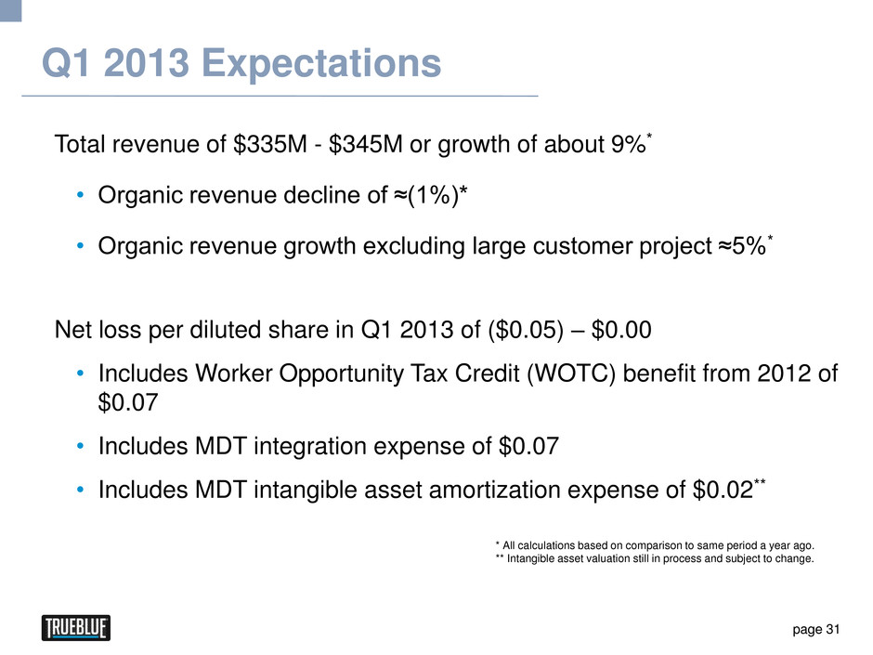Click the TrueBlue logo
click(76, 629)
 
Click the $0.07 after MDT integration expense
click(528, 448)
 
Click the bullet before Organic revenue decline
click(82, 196)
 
